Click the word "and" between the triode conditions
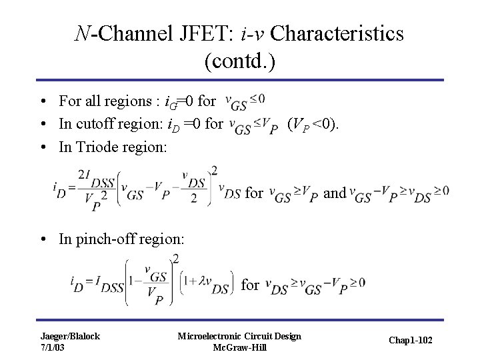[334, 193]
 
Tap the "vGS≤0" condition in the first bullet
[245, 101]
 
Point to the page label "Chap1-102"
[411, 341]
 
